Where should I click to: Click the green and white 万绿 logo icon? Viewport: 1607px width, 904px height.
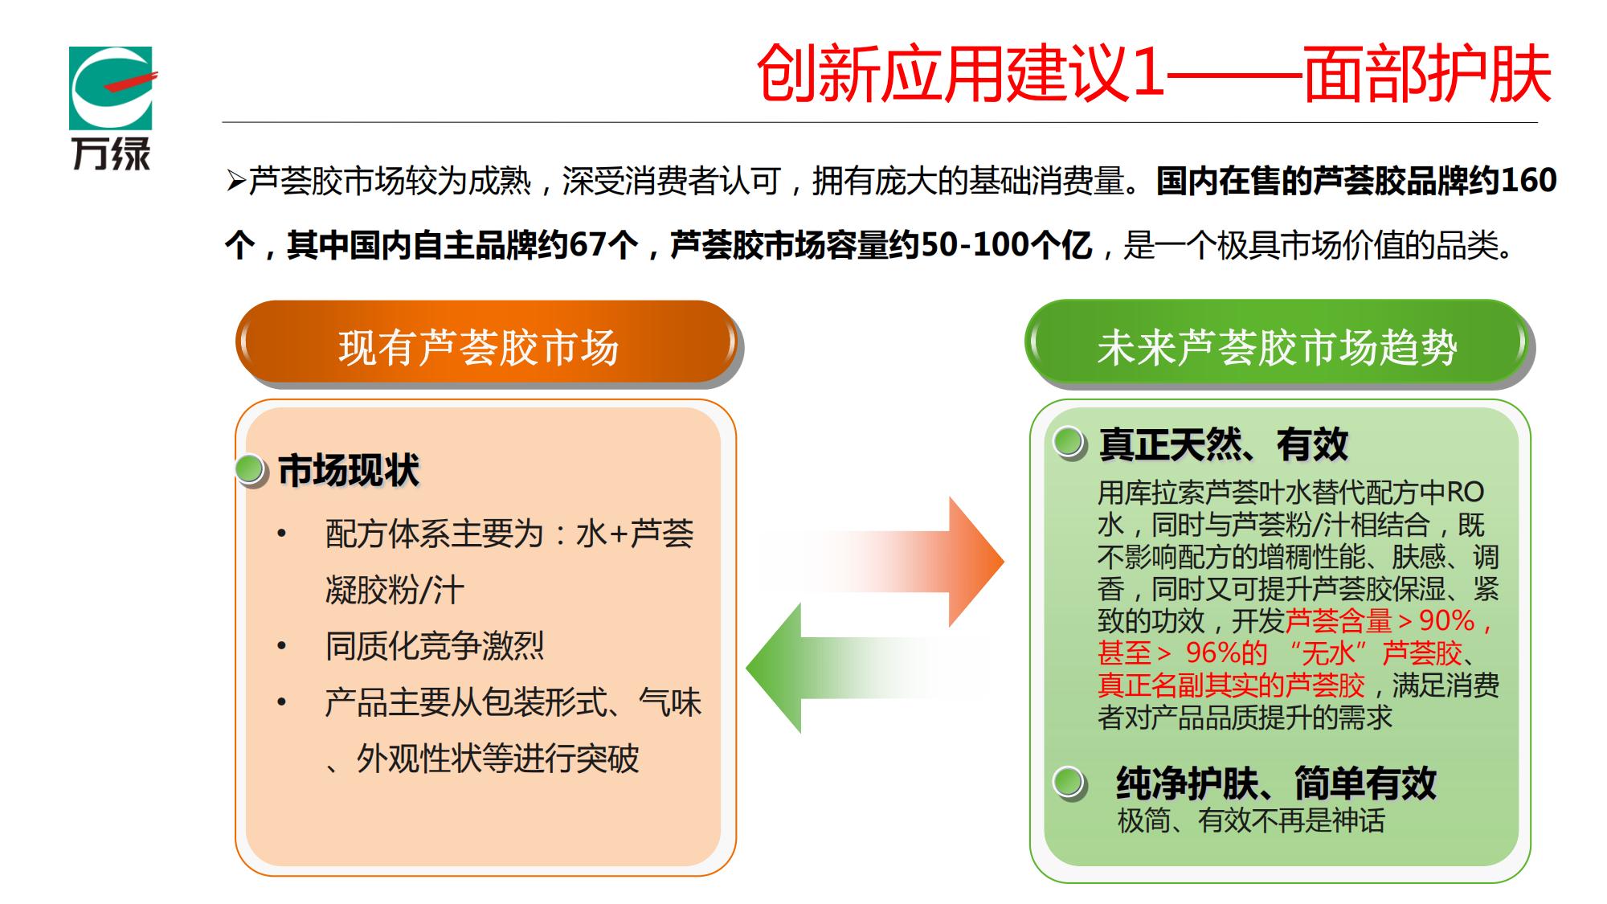pos(111,88)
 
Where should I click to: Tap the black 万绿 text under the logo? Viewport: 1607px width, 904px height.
pos(111,153)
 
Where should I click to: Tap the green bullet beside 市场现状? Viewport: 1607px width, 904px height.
pos(251,469)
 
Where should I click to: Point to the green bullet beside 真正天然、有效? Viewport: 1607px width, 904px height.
pos(1069,443)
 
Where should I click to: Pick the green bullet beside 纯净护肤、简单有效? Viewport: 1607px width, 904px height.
pos(1069,782)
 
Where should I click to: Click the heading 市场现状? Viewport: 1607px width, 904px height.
pos(349,470)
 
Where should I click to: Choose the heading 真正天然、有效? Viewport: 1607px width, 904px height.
pos(1223,444)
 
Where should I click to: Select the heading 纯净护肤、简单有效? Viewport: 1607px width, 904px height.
pos(1276,783)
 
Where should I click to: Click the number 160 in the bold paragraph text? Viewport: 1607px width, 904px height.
pos(1528,180)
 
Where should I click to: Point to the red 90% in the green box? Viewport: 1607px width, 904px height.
pos(1447,620)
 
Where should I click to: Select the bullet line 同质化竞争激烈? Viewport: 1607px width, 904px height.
pos(435,646)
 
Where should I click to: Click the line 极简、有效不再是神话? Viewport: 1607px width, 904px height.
pos(1251,820)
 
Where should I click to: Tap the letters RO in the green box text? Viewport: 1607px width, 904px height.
pos(1466,492)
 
